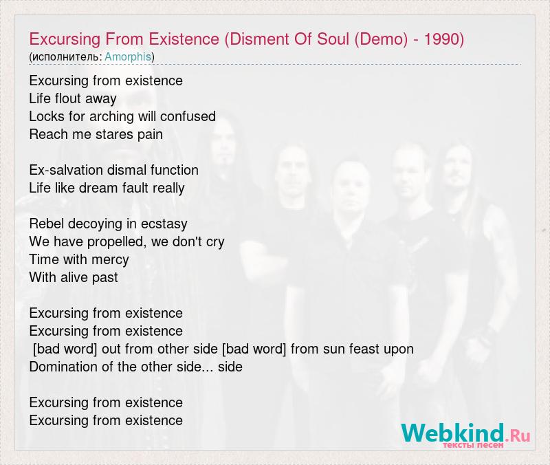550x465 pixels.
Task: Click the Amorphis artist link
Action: coord(128,56)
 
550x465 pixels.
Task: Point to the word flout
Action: coord(67,98)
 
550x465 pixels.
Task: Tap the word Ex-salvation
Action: coord(66,170)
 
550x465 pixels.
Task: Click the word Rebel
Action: coord(47,224)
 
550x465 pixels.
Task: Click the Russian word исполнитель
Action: coord(66,57)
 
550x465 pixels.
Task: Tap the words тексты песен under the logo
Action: coord(473,445)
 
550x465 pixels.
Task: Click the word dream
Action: coord(93,188)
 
